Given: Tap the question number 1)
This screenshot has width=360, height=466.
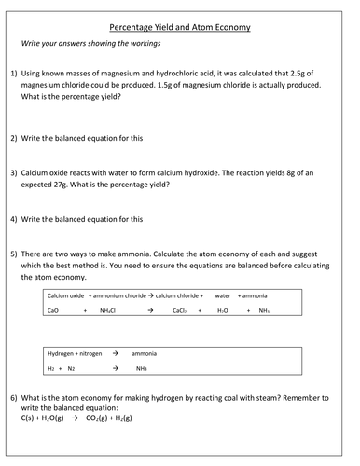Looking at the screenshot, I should [15, 73].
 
